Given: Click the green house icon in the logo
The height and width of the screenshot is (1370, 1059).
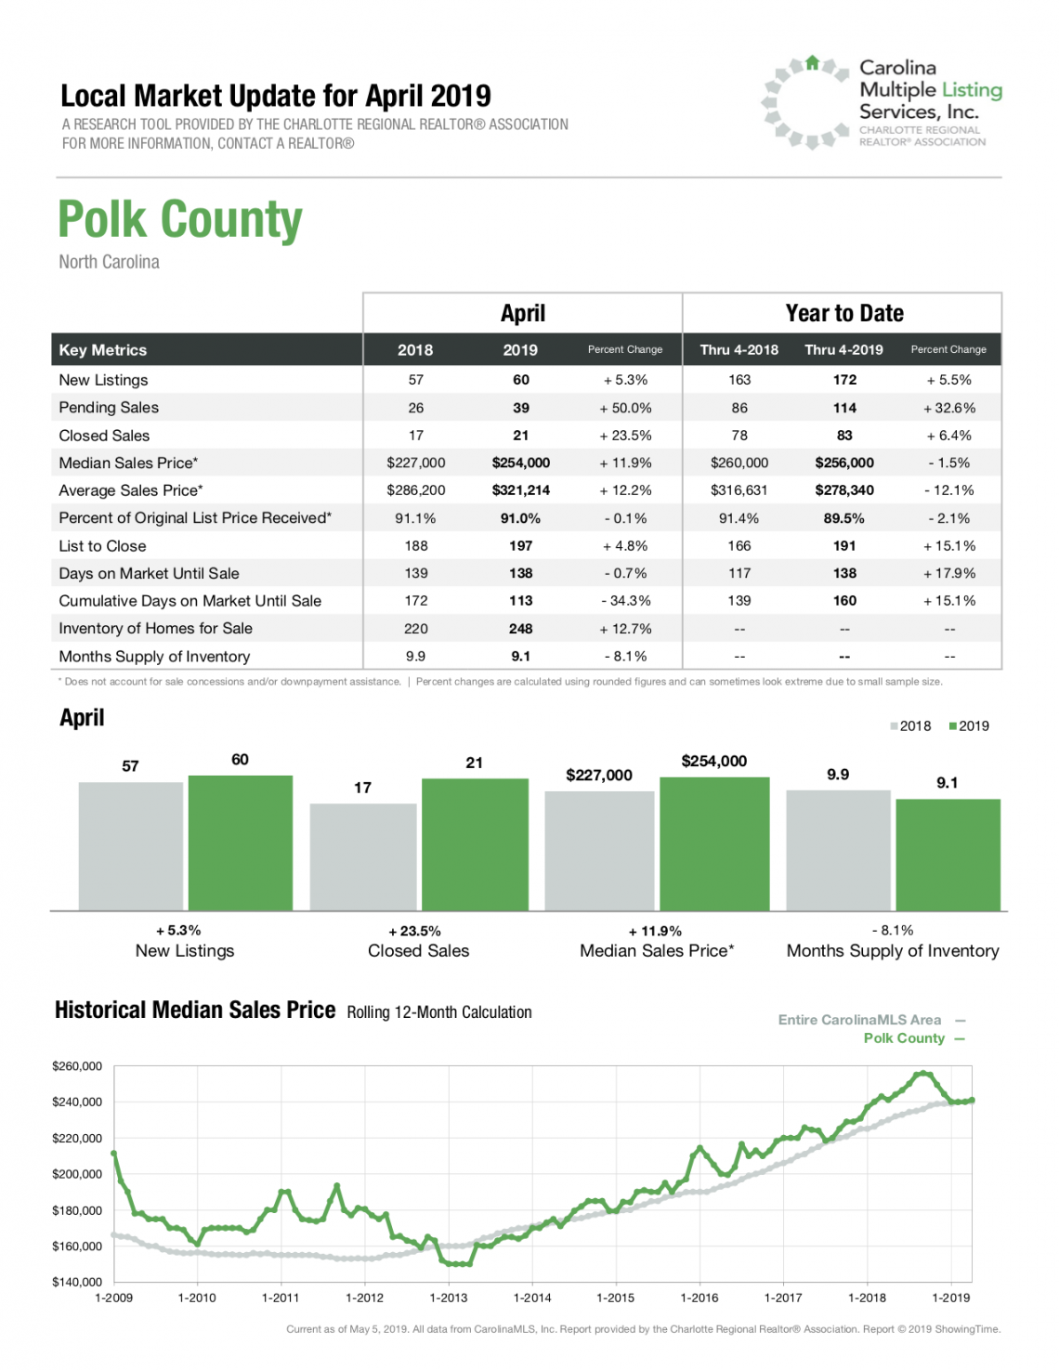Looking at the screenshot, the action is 813,62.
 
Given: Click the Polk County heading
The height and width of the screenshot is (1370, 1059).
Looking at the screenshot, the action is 180,219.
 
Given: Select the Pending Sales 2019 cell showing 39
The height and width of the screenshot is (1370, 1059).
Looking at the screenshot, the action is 520,408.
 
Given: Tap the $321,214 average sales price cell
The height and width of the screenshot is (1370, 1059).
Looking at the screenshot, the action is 520,490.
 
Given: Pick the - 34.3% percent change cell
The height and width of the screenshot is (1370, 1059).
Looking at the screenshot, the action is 625,601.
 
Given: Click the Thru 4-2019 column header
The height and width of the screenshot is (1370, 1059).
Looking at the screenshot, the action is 843,350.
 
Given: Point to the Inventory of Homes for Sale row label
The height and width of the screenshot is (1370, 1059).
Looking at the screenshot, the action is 155,629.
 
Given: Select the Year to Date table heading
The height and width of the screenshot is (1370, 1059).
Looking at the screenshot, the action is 844,313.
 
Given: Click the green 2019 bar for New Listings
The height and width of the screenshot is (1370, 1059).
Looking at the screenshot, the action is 241,843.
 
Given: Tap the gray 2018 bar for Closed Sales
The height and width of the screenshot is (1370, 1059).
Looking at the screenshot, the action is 363,856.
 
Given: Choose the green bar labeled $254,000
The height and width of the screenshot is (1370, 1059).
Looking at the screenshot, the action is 714,843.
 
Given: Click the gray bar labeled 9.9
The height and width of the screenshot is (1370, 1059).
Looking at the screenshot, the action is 838,851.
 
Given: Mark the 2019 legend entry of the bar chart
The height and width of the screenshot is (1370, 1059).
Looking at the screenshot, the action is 969,726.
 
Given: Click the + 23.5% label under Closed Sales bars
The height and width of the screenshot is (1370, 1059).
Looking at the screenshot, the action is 414,932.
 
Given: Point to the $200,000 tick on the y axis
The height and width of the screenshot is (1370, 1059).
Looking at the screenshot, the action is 77,1174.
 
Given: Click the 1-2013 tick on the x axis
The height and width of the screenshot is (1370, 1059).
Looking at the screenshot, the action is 448,1298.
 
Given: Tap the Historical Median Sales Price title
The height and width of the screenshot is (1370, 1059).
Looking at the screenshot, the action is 195,1010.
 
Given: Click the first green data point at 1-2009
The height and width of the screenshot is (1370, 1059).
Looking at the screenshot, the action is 114,1153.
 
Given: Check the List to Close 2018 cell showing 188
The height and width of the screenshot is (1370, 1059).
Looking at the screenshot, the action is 415,546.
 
